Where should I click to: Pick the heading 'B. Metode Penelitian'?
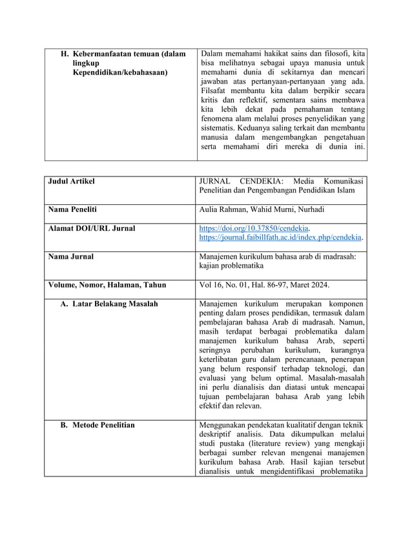point(98,425)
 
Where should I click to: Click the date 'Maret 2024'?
point(328,285)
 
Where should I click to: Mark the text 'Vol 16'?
point(212,285)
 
